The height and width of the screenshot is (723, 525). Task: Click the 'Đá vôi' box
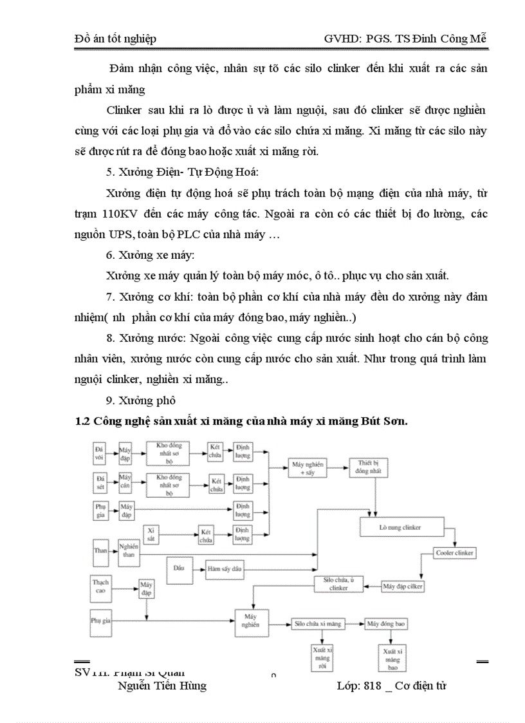coord(100,452)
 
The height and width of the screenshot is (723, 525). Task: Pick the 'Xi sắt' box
coord(152,533)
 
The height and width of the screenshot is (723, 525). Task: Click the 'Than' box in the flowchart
coord(100,550)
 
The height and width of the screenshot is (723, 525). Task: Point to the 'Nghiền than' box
coord(128,550)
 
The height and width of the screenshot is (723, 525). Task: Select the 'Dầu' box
coord(180,568)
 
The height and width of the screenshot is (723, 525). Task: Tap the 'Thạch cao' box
coord(100,586)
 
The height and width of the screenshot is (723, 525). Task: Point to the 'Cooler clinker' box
coord(454,553)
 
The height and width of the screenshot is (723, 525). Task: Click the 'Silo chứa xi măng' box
coord(318,624)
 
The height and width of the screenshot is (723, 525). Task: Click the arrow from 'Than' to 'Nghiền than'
coord(112,550)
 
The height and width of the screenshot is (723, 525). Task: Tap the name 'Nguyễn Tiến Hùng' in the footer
coord(162,686)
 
